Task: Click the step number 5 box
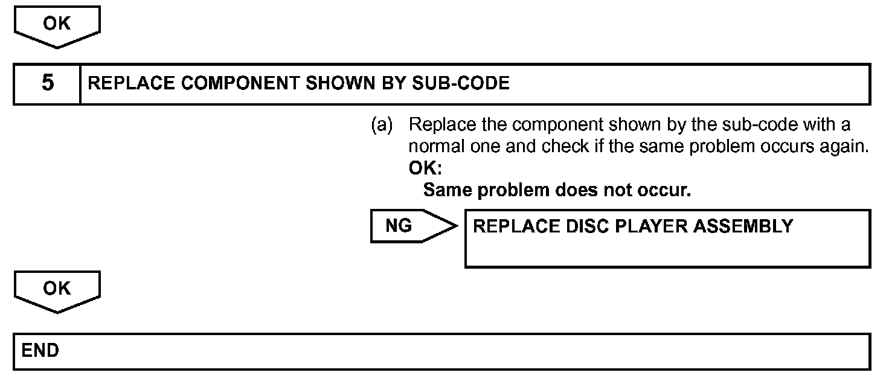[47, 83]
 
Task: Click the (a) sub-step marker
[381, 126]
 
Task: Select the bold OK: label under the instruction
[425, 168]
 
